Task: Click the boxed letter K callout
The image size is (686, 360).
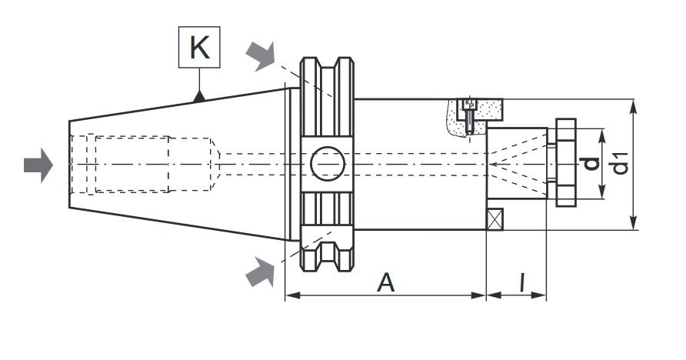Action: (x=199, y=47)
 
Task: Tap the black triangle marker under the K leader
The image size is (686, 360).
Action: (x=199, y=97)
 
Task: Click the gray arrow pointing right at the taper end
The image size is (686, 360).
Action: (x=38, y=165)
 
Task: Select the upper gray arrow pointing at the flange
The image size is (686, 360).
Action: (x=261, y=55)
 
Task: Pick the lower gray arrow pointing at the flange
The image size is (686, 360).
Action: (x=261, y=272)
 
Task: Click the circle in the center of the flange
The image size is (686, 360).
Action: (x=328, y=164)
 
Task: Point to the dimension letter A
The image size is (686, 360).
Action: (x=386, y=282)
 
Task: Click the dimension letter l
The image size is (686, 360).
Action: (x=521, y=282)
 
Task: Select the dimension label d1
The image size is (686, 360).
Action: (x=620, y=163)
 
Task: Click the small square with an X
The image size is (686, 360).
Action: (x=495, y=219)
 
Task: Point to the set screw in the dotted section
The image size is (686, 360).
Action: (x=469, y=116)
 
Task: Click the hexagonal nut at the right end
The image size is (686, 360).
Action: (x=566, y=163)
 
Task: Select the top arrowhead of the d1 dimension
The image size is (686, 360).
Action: (x=633, y=106)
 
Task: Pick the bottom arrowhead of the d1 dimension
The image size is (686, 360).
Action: (x=633, y=222)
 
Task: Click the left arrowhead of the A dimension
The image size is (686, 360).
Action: (x=293, y=295)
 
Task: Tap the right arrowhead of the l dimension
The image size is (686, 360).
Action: (x=538, y=295)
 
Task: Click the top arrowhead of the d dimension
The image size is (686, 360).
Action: (x=602, y=136)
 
